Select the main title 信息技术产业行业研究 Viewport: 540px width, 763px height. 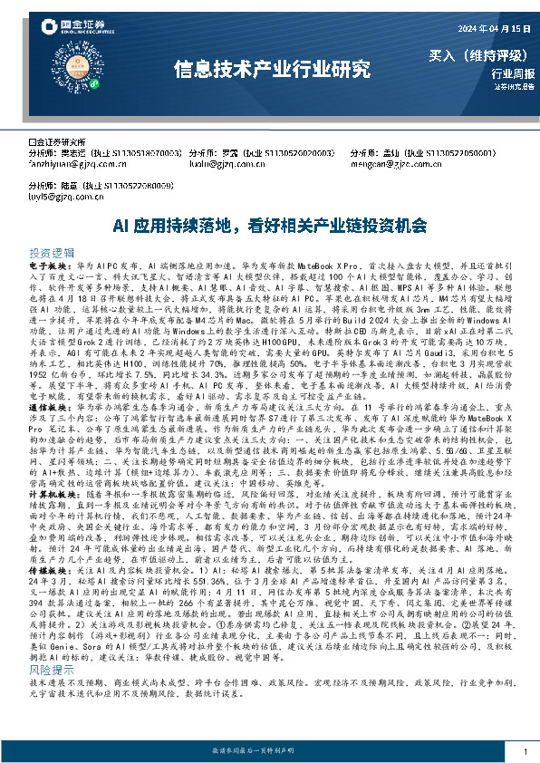tap(271, 68)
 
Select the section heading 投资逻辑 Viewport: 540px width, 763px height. tap(51, 253)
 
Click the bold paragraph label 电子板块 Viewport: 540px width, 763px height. tap(45, 268)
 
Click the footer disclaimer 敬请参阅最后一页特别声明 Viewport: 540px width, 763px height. tap(269, 752)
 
